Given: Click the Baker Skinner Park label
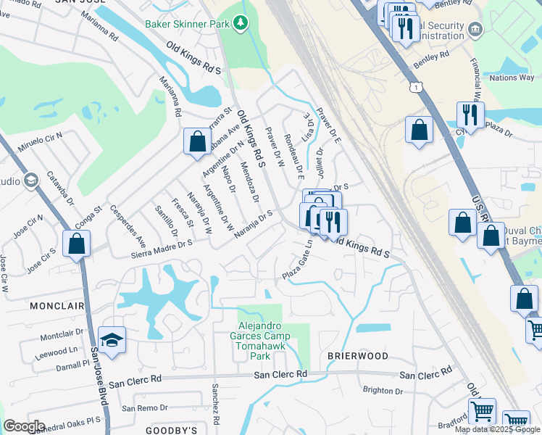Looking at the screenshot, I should pyautogui.click(x=187, y=24).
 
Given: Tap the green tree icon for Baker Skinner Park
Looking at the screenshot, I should pyautogui.click(x=241, y=24).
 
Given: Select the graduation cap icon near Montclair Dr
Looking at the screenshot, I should pyautogui.click(x=112, y=340).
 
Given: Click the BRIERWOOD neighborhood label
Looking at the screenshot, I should pyautogui.click(x=357, y=356).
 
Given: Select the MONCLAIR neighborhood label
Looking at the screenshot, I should pyautogui.click(x=54, y=307).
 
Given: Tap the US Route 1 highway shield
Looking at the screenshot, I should pyautogui.click(x=414, y=87).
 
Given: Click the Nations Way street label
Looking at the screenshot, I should pyautogui.click(x=512, y=78).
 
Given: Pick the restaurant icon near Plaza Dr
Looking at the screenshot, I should pyautogui.click(x=470, y=115).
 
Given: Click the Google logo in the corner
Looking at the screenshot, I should pyautogui.click(x=25, y=426).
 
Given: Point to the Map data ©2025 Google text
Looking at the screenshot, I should pyautogui.click(x=498, y=429).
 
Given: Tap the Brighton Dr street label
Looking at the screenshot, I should pyautogui.click(x=383, y=390).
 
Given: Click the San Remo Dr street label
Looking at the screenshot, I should pyautogui.click(x=144, y=407).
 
